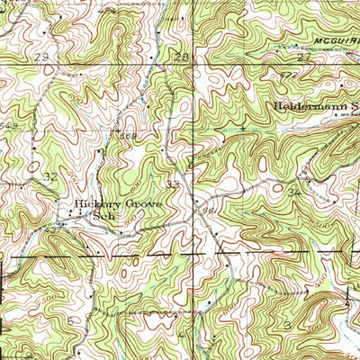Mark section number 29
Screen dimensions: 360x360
(40, 57)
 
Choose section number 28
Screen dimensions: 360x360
(182, 57)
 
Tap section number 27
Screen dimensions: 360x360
(303, 56)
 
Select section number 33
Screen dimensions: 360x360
(174, 184)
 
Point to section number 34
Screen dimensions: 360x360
(293, 192)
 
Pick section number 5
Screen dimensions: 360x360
(69, 319)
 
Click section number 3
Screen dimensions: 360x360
(287, 321)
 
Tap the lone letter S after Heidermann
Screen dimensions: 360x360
(355, 104)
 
